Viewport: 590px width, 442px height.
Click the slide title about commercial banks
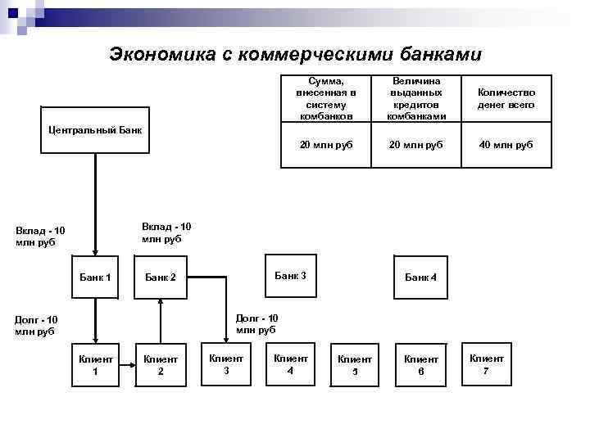(296, 54)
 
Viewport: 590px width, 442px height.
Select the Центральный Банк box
(95, 129)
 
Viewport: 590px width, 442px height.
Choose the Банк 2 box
(161, 277)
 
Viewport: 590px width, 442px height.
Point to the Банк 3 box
(290, 276)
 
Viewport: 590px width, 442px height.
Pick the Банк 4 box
(420, 277)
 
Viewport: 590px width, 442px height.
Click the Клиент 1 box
(95, 364)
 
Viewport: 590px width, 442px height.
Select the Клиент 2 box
(161, 364)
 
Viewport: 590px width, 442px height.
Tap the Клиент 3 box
(226, 363)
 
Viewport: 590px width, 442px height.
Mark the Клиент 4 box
(290, 363)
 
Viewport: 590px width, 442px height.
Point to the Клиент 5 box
(355, 364)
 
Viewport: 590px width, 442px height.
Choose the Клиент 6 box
(420, 364)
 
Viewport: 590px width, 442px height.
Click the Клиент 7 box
(486, 363)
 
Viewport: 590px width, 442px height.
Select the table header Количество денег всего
(506, 99)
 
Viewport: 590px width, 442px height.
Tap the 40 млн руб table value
(506, 144)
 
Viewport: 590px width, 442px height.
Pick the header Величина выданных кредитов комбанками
(415, 99)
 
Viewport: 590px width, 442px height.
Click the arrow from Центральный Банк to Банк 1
(95, 205)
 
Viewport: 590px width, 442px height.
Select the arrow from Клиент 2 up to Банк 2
(161, 319)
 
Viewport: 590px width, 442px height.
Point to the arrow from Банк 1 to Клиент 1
(95, 319)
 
